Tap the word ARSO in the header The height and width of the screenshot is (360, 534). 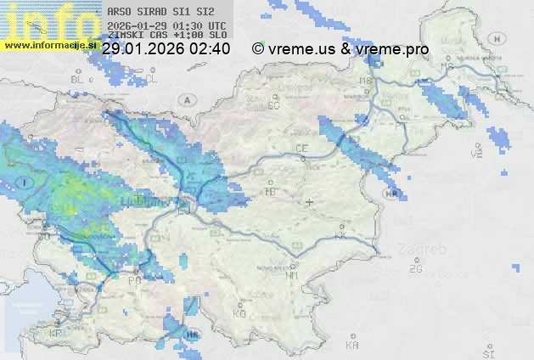pos(119,13)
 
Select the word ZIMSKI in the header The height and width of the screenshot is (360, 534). pos(125,35)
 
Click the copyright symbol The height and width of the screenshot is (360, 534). pos(258,49)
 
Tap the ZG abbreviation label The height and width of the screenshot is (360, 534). pos(415,269)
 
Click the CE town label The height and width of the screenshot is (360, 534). pos(301,149)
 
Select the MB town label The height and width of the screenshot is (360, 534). pos(366,81)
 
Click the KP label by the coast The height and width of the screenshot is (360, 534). pos(56,334)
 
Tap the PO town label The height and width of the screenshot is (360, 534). pos(133,280)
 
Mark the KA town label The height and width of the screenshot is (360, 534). pos(352,346)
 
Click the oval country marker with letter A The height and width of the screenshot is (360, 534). pos(186,99)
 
